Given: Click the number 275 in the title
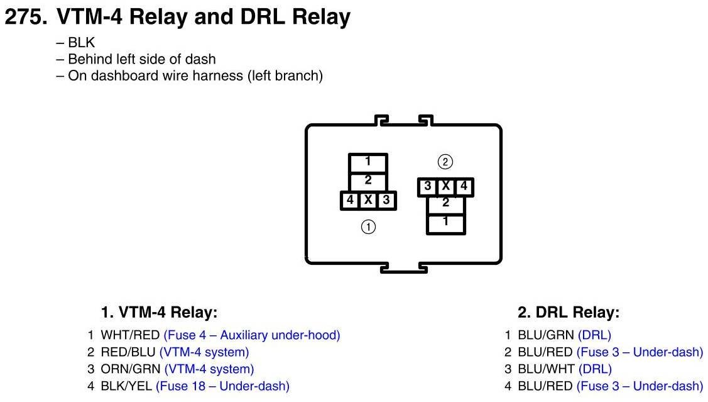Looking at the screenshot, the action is coord(26,17).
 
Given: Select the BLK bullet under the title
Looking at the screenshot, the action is coord(75,43).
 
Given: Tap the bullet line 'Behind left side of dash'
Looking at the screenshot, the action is coord(136,59).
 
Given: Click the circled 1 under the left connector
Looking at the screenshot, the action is coord(368,226).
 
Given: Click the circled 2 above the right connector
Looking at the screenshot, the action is coord(445,162).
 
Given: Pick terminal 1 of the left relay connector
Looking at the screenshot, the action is coord(368,163).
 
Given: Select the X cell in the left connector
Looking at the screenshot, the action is coord(368,200).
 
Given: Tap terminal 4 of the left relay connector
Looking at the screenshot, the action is coord(350,200).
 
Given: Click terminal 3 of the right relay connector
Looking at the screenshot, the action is coord(427,186).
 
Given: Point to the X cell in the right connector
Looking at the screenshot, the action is coord(445,186).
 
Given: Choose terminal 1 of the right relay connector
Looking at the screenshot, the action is coord(445,223).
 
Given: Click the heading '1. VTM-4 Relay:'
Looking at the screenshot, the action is coord(159,313).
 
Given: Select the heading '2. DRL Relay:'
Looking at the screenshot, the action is coord(569,313).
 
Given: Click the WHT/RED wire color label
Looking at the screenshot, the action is coord(130,335).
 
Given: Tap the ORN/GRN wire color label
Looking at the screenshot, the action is coord(131,369).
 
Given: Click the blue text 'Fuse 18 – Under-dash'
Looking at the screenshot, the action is coord(222,386).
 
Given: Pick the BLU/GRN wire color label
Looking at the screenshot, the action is coord(546,335).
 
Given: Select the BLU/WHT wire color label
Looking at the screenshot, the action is coord(547,369).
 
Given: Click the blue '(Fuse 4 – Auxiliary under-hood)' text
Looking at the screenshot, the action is coord(252,335).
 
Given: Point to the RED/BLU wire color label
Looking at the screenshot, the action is coord(128,352).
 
